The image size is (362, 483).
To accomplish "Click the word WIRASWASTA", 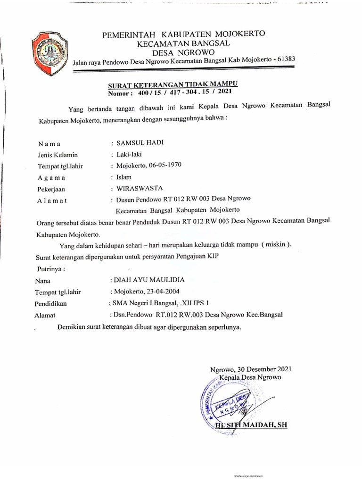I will [x=138, y=188].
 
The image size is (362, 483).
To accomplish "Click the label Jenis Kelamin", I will [x=58, y=155].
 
